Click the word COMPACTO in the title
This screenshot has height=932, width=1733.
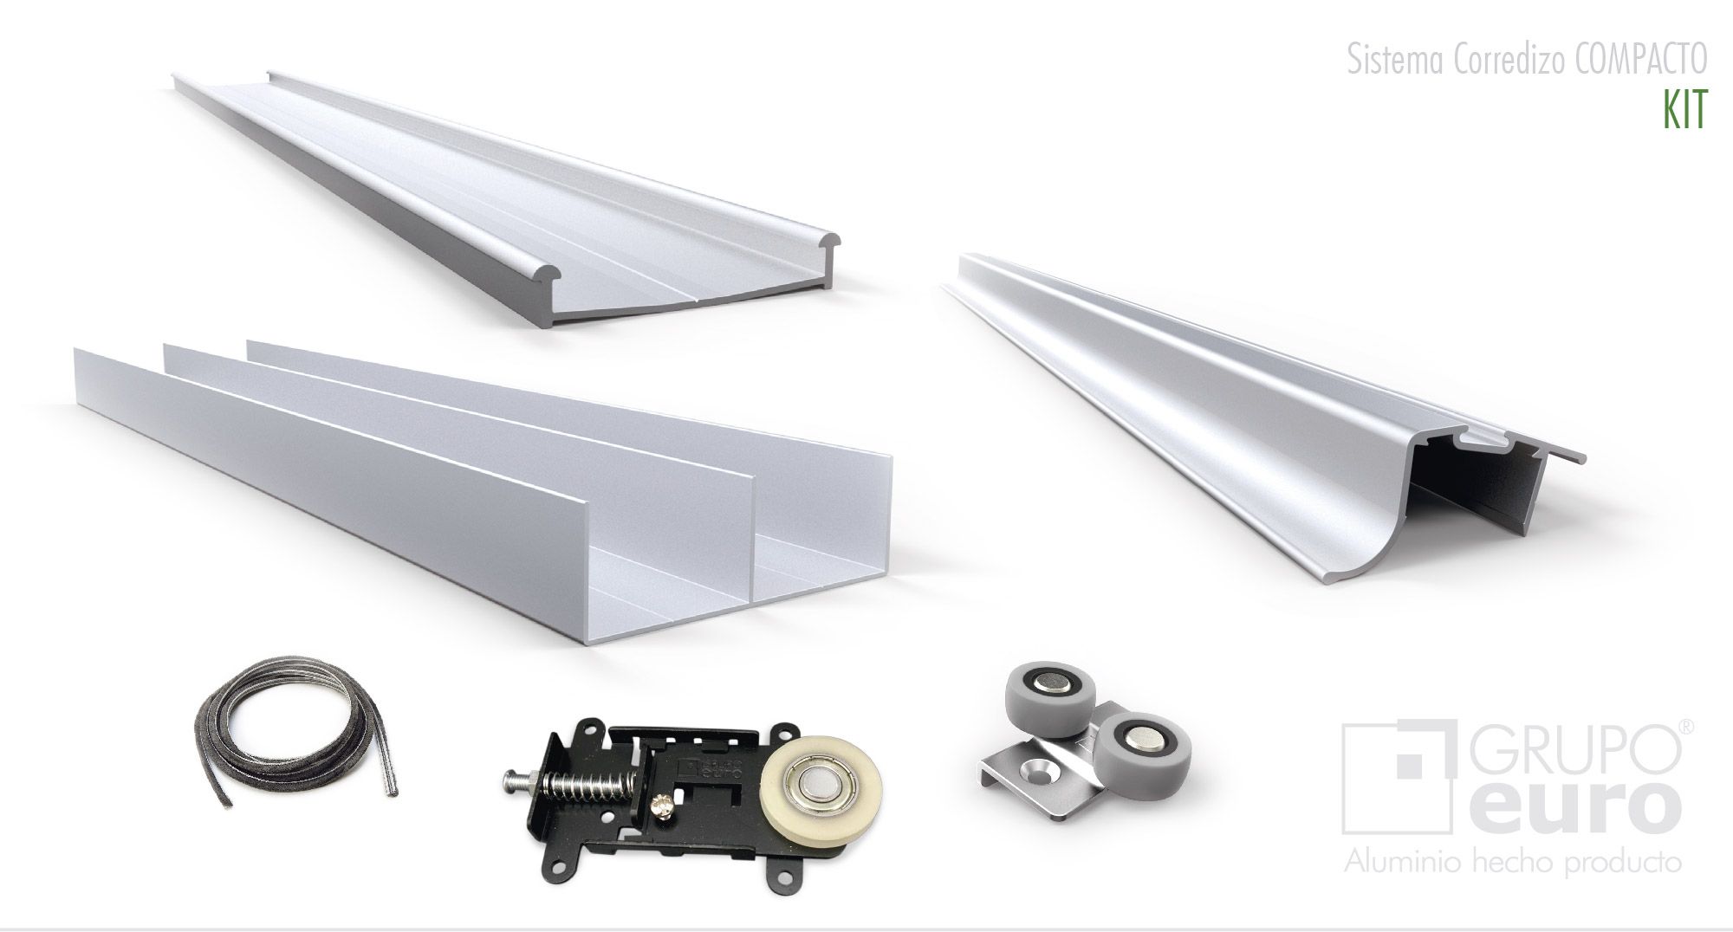1639,61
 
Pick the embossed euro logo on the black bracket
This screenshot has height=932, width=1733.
698,770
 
